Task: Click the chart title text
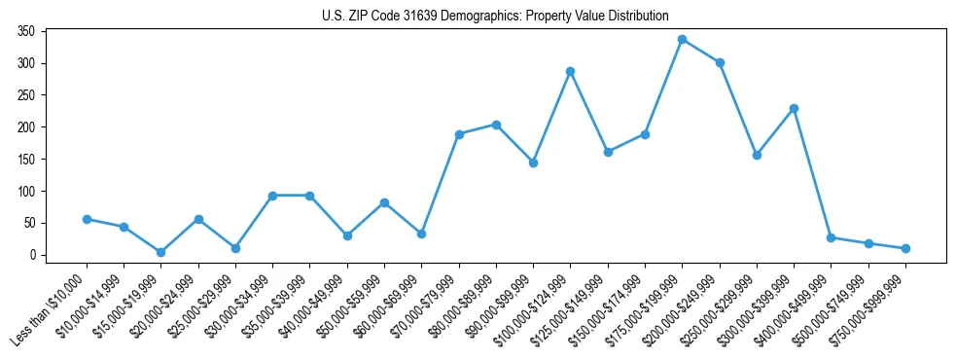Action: [x=495, y=16]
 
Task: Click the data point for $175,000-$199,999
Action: [x=683, y=40]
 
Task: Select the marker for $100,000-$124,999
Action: [x=571, y=71]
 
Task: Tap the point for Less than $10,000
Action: [x=87, y=219]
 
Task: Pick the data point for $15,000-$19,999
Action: [x=161, y=252]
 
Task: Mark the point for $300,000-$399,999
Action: [x=795, y=108]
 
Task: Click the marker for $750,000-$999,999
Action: [x=905, y=248]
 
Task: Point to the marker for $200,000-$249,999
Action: [x=720, y=62]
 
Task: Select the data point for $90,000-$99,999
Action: [x=534, y=162]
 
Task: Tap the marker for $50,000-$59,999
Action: [x=385, y=202]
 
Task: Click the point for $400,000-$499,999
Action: [x=832, y=237]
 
